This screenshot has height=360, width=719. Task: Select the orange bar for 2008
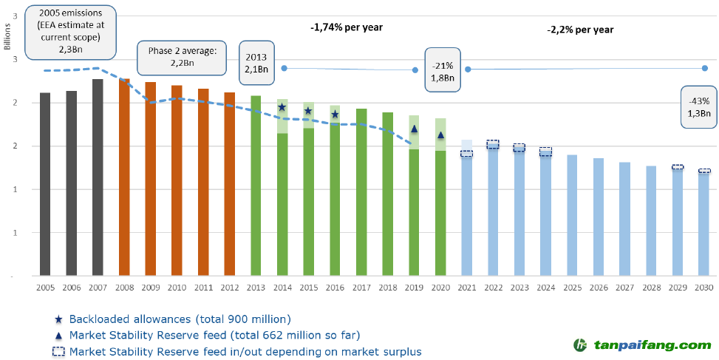(x=124, y=177)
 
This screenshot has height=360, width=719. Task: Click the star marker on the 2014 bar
(x=282, y=108)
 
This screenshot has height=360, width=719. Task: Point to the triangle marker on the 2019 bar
(x=414, y=129)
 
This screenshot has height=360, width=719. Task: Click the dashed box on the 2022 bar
(x=493, y=144)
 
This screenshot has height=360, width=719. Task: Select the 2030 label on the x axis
(x=704, y=288)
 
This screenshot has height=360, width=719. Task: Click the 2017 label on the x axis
(x=361, y=288)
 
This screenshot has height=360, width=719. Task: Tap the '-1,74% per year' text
(x=347, y=27)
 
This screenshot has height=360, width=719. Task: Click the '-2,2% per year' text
(x=580, y=30)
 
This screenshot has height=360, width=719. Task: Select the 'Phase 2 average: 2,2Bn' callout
(x=181, y=57)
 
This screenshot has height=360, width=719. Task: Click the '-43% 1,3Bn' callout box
(x=699, y=107)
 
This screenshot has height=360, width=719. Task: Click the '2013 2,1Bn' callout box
(x=257, y=64)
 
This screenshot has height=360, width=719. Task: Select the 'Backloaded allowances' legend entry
(x=180, y=319)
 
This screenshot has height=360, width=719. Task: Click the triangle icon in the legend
(x=58, y=336)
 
